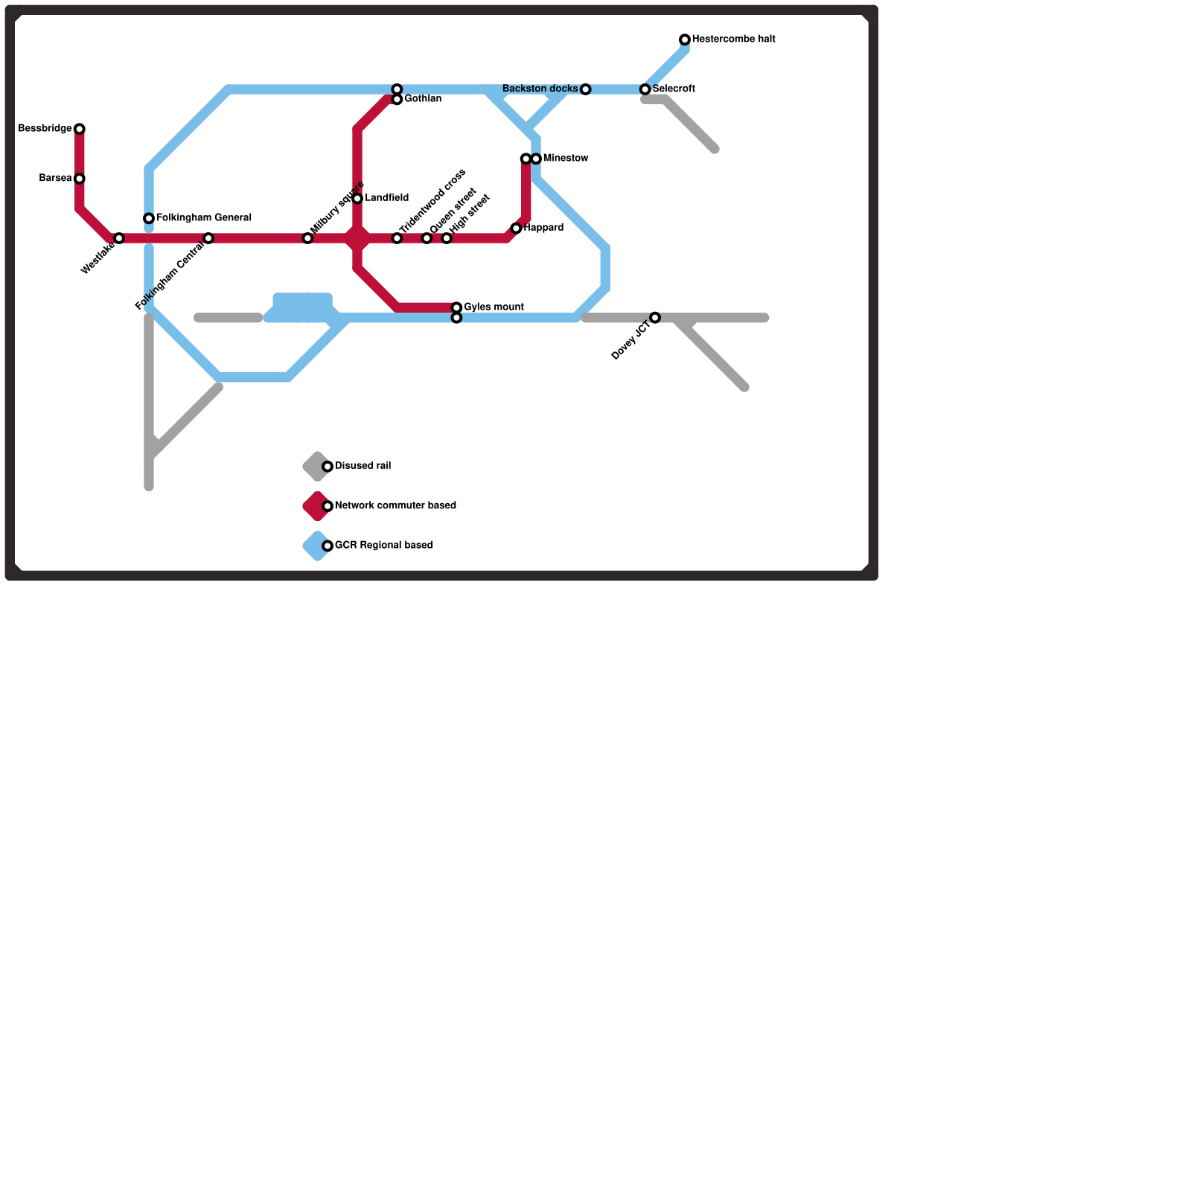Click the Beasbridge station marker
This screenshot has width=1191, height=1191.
(x=80, y=130)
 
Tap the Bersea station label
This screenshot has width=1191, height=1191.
(x=55, y=179)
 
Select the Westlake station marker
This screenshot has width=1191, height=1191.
(x=119, y=238)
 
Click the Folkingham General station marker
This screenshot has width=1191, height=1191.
(x=149, y=219)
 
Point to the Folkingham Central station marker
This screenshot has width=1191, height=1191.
(x=208, y=238)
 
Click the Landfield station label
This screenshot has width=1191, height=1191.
(x=386, y=199)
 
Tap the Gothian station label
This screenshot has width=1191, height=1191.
(x=423, y=99)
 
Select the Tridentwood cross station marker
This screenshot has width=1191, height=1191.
(x=397, y=238)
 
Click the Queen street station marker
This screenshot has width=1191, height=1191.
(x=427, y=238)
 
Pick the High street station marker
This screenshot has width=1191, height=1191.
(x=447, y=238)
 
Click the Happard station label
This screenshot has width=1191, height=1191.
(x=543, y=228)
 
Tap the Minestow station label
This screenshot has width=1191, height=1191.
(x=566, y=159)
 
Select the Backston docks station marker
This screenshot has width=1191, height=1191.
(x=586, y=89)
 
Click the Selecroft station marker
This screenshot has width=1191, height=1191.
(x=645, y=89)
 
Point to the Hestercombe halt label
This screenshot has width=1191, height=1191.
(x=733, y=39)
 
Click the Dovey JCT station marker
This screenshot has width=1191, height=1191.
(x=655, y=318)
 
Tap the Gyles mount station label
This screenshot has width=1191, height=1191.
(x=494, y=307)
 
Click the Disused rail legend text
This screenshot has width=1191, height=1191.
(x=363, y=466)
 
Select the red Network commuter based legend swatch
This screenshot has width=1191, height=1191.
(x=316, y=506)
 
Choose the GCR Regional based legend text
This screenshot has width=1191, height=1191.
(x=383, y=546)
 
